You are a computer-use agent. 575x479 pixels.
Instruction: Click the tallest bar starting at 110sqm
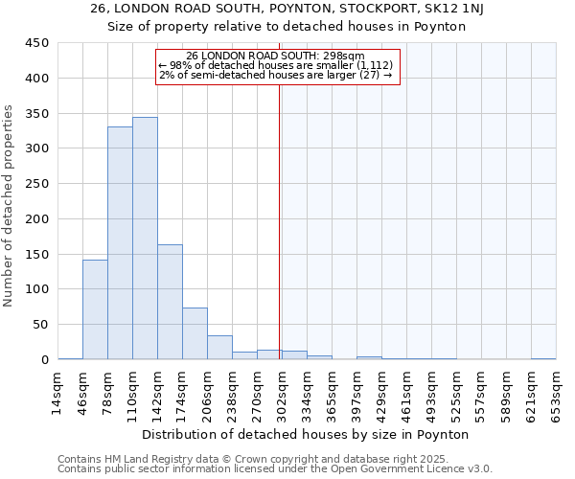tap(145, 239)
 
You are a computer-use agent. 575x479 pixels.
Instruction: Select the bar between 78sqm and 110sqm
tap(120, 243)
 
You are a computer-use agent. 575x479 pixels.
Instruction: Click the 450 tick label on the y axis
tap(36, 43)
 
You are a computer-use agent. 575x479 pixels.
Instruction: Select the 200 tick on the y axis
tap(36, 218)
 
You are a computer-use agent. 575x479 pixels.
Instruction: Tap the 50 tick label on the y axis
tap(40, 325)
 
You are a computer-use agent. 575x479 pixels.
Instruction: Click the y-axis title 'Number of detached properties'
tap(9, 206)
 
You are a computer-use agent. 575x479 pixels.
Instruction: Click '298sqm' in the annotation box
tap(343, 56)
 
